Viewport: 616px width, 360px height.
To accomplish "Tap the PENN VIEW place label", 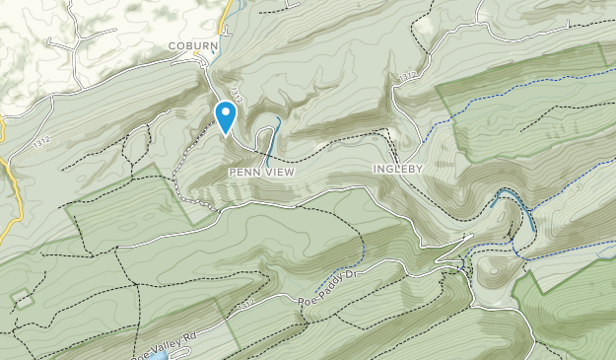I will [x=261, y=172].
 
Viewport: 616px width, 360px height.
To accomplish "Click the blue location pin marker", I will [x=226, y=115].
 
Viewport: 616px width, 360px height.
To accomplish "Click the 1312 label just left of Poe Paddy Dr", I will [x=246, y=303].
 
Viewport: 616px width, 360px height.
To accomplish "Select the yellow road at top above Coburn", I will [x=226, y=14].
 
